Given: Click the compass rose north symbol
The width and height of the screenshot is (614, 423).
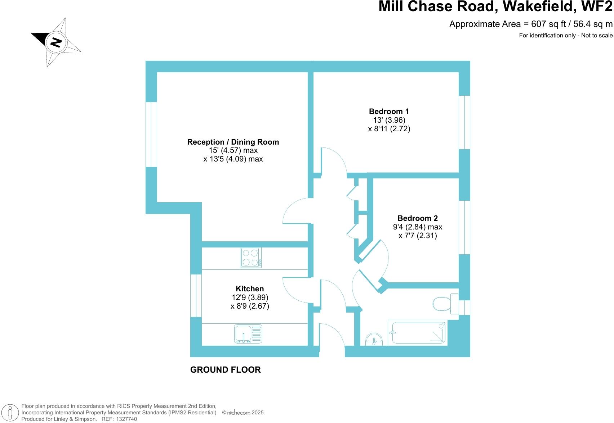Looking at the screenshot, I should [x=56, y=42].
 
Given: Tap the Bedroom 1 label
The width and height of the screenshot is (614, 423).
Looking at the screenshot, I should [x=389, y=112].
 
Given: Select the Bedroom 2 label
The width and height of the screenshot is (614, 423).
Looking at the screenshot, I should [x=417, y=218].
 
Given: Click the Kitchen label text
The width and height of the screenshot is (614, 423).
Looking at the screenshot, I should [x=249, y=289].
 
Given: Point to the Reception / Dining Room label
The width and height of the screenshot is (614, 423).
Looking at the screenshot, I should [x=233, y=142].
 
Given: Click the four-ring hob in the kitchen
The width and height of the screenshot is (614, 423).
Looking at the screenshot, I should [x=251, y=258].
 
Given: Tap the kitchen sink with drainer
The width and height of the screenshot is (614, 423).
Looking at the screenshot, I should [x=248, y=334].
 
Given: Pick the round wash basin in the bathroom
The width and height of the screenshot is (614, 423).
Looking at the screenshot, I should [x=374, y=340].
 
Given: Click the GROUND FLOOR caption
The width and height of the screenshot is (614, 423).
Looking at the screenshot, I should [x=225, y=370].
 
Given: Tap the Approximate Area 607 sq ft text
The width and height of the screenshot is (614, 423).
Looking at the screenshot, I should [x=530, y=24].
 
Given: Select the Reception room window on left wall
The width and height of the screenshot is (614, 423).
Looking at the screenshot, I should [x=151, y=135].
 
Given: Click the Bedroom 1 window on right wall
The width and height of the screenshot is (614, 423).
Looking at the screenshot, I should [x=464, y=122].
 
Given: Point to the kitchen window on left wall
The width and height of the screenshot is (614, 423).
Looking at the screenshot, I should [x=196, y=296].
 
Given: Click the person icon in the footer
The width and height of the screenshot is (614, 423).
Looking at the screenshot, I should [x=11, y=413].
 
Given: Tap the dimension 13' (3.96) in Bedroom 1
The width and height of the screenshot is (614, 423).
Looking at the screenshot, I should [x=389, y=120].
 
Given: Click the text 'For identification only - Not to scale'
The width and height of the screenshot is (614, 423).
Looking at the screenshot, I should [x=565, y=35].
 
